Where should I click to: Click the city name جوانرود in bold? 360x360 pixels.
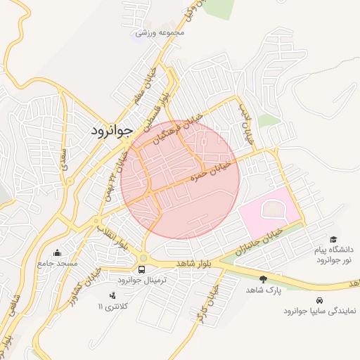coord(112,131)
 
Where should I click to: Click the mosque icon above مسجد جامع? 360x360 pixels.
coord(57,252)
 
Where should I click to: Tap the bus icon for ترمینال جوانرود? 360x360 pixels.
coord(143,269)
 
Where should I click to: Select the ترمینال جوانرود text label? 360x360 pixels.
coord(141,280)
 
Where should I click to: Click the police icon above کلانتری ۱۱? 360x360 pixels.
coord(113,295)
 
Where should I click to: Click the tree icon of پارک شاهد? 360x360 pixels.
coord(263,279)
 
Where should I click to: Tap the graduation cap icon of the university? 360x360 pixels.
coord(333,240)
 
